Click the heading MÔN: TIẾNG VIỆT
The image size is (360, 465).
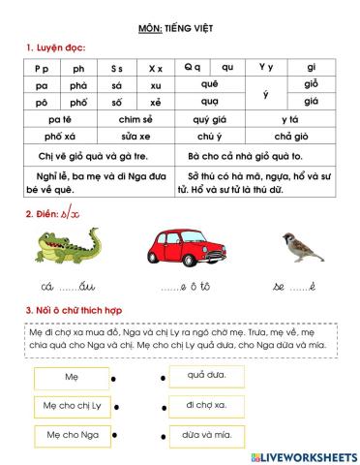coord(180,28)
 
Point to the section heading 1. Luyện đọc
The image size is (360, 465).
coord(50,47)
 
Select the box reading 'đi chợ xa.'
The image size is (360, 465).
coord(205,404)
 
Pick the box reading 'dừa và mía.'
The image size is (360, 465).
coord(205,434)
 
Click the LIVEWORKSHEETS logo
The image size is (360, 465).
coord(302,454)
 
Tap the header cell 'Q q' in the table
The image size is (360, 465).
coord(192,68)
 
